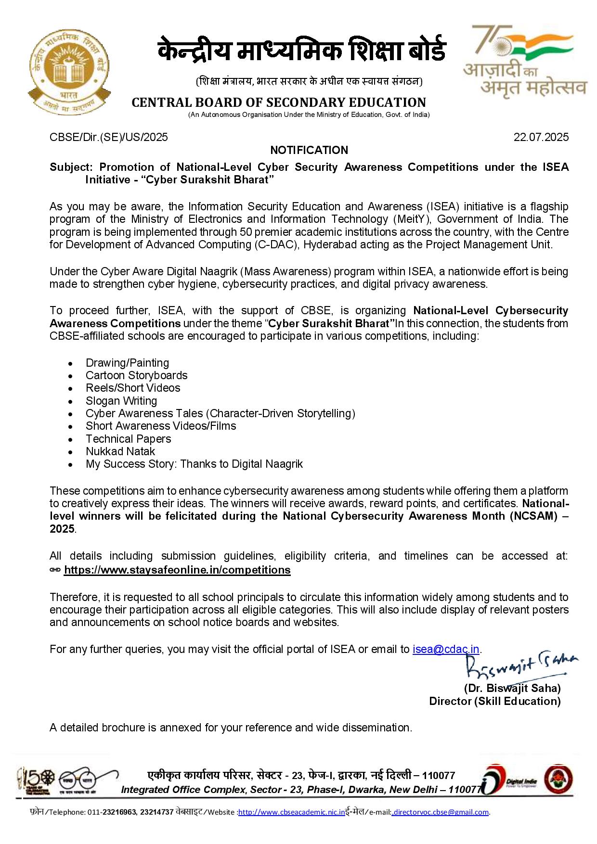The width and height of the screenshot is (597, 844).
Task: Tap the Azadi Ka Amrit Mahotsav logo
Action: coord(525,62)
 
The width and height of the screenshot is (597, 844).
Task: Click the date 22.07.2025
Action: coord(541,137)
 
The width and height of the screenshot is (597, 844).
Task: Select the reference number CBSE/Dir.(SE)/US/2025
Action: coord(109,137)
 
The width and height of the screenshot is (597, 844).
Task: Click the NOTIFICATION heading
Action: coord(309,150)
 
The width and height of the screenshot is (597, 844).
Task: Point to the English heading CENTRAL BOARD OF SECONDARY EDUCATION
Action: coord(279,102)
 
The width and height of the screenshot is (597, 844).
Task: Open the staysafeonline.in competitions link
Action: coord(177,570)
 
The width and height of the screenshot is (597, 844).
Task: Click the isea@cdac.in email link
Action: coord(446,649)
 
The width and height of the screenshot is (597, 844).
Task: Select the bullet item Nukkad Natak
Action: coord(120,451)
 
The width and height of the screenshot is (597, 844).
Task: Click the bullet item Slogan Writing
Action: coord(121,401)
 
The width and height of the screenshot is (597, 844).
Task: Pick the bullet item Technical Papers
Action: coord(128,439)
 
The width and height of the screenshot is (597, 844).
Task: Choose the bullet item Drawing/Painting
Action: coord(127,363)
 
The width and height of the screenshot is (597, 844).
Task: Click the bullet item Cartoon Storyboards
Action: coord(136,375)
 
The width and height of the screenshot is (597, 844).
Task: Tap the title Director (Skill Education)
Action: coord(495,701)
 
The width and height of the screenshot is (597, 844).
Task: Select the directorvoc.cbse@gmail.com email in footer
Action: coord(441,812)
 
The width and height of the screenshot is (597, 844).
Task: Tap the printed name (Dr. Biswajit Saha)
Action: coord(512,688)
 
